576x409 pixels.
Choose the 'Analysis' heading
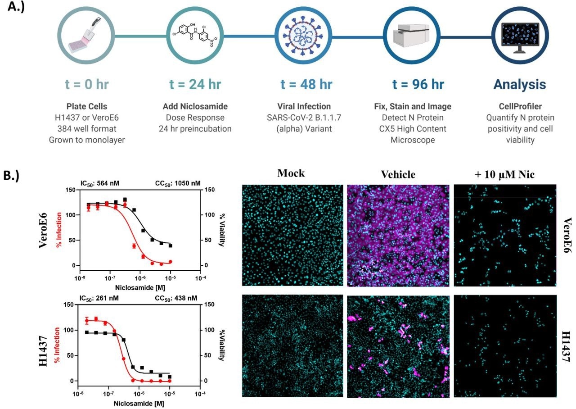tap(520, 84)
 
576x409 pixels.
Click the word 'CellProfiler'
tap(519, 107)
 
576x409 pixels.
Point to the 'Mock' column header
tap(291, 173)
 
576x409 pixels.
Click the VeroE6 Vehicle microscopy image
tap(398, 235)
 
